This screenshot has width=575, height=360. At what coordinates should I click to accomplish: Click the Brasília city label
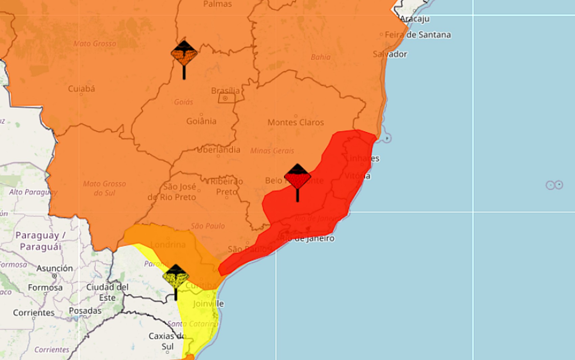pyautogui.click(x=225, y=91)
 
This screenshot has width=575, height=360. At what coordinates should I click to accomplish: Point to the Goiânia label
pyautogui.click(x=201, y=121)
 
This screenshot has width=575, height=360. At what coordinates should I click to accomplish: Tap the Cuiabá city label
pyautogui.click(x=82, y=89)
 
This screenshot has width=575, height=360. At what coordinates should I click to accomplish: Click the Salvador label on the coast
pyautogui.click(x=390, y=54)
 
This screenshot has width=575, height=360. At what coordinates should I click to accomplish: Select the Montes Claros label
pyautogui.click(x=296, y=122)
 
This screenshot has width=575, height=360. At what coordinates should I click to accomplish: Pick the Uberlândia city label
pyautogui.click(x=218, y=150)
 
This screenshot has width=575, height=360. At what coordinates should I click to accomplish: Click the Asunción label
pyautogui.click(x=55, y=268)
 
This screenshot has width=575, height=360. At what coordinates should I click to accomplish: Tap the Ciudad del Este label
pyautogui.click(x=107, y=292)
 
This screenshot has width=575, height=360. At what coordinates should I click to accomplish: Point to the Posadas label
pyautogui.click(x=85, y=311)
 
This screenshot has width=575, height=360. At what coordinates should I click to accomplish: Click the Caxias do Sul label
pyautogui.click(x=167, y=341)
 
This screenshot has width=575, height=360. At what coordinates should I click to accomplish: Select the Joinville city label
pyautogui.click(x=208, y=304)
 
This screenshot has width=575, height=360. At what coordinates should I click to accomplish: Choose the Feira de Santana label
pyautogui.click(x=418, y=35)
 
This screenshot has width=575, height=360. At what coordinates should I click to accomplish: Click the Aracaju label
pyautogui.click(x=415, y=19)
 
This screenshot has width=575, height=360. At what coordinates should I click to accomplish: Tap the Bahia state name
pyautogui.click(x=321, y=57)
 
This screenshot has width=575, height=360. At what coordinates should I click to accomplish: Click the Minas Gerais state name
pyautogui.click(x=272, y=151)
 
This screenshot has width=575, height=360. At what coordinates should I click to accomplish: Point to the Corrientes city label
pyautogui.click(x=33, y=313)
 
